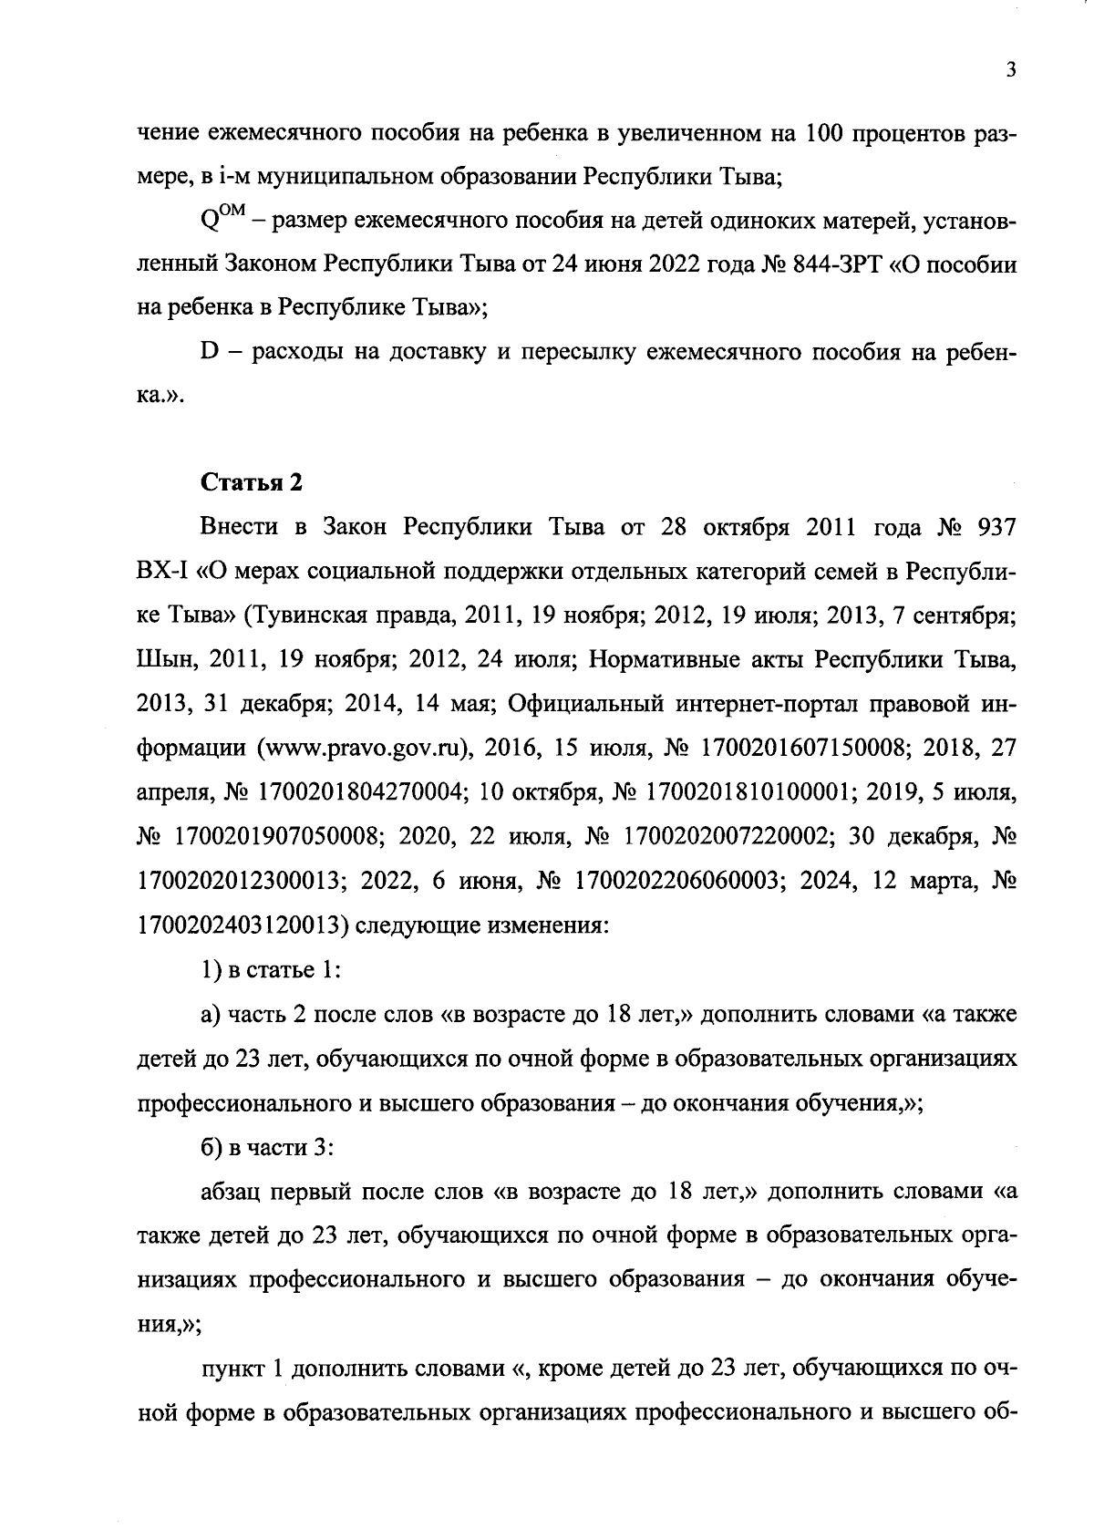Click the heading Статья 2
tap(252, 482)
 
